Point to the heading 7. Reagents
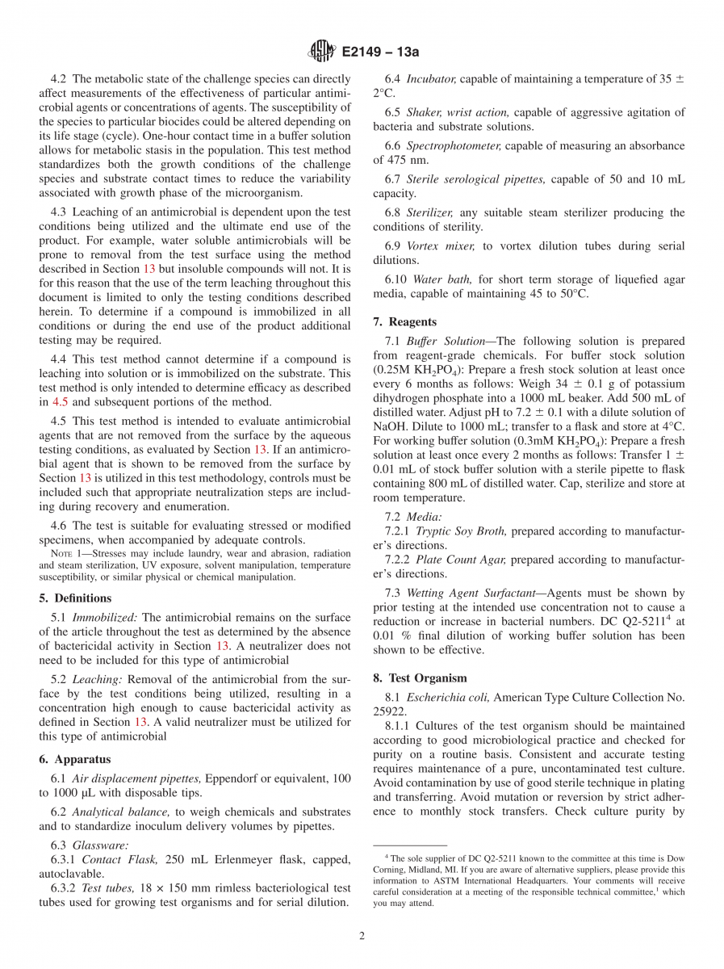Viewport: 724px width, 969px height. pos(404,321)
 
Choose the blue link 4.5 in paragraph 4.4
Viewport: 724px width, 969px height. pos(61,401)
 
